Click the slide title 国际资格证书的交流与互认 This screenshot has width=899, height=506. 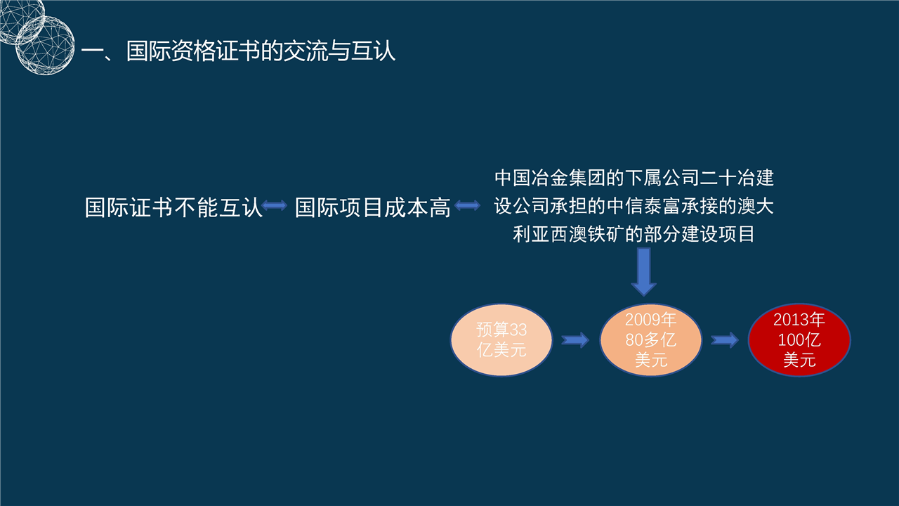point(261,51)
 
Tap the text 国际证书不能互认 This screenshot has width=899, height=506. point(173,207)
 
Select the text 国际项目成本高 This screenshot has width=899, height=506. point(373,207)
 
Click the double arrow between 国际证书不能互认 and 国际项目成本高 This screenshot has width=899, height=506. point(275,206)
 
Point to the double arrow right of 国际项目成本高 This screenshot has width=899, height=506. point(468,206)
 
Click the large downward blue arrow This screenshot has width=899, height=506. point(644,272)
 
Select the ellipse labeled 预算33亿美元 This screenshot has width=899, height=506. point(501,339)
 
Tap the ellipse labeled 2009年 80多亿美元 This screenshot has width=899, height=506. point(650,339)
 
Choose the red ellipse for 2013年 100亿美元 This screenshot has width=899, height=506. point(799,339)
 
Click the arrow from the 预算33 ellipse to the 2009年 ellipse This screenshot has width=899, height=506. point(575,340)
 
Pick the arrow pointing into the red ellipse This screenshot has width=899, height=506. point(725,340)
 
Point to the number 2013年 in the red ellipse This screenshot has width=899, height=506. point(799,320)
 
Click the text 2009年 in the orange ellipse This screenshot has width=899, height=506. point(650,320)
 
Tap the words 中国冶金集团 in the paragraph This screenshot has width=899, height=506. point(550,178)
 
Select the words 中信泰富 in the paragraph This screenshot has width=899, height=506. point(644,206)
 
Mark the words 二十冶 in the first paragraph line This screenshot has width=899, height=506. point(727,178)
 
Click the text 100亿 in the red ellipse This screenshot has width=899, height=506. point(799,340)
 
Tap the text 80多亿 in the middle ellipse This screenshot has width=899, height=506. point(650,340)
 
